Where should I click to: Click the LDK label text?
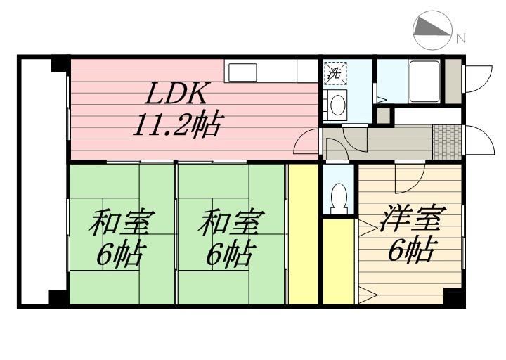176,93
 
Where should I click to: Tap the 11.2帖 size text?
178,124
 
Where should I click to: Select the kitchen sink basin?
242,72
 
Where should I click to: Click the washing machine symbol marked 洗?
335,73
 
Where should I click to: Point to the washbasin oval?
337,105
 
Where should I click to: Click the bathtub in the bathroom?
424,81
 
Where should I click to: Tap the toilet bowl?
339,198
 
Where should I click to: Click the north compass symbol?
432,30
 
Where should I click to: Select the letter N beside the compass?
462,39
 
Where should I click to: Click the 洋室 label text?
413,218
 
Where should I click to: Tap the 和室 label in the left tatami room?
122,222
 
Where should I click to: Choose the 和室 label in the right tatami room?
231,222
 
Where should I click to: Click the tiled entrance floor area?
447,142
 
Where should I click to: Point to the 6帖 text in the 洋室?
411,249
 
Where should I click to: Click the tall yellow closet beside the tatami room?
304,234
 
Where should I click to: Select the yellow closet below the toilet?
339,262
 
